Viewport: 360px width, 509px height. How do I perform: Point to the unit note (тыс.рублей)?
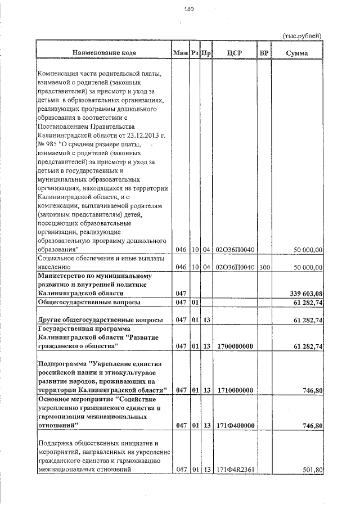pos(302,35)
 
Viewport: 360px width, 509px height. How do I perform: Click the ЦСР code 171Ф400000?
pos(234,426)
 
